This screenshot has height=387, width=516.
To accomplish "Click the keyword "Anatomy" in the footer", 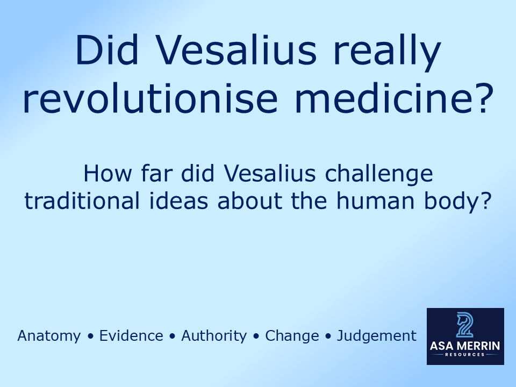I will pos(49,336).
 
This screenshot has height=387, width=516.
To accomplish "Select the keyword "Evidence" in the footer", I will pos(131,336).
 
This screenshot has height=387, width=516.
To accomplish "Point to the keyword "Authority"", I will pos(214,336).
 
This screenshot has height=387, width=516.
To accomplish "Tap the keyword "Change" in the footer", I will pos(292,336).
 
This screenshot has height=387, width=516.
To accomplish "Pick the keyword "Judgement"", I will pos(376,336).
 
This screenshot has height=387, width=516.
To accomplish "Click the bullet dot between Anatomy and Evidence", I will pos(90,336).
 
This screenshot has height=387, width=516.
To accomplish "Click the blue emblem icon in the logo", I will pos(465,324).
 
